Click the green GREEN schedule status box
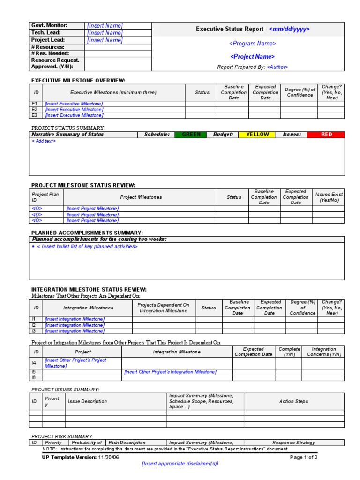pyautogui.click(x=191, y=135)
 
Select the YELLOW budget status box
pyautogui.click(x=257, y=135)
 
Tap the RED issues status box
pyautogui.click(x=326, y=135)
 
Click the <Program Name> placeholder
pyautogui.click(x=252, y=44)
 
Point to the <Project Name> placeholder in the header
pyautogui.click(x=252, y=57)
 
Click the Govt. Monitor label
pyautogui.click(x=49, y=25)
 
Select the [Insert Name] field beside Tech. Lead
pyautogui.click(x=105, y=33)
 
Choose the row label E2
pyautogui.click(x=34, y=109)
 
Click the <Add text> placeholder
pyautogui.click(x=44, y=141)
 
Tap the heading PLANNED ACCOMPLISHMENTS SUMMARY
pyautogui.click(x=87, y=232)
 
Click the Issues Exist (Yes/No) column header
pyautogui.click(x=329, y=197)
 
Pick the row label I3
pyautogui.click(x=34, y=331)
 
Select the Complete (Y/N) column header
pyautogui.click(x=289, y=352)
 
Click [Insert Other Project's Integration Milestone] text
pyautogui.click(x=170, y=372)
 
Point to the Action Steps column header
pyautogui.click(x=293, y=401)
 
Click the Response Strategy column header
pyautogui.click(x=293, y=442)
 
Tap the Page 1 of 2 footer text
pyautogui.click(x=303, y=457)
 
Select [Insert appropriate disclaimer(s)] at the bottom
pyautogui.click(x=180, y=464)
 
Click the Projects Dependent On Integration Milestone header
pyautogui.click(x=164, y=308)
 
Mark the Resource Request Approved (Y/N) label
pyautogui.click(x=55, y=63)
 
